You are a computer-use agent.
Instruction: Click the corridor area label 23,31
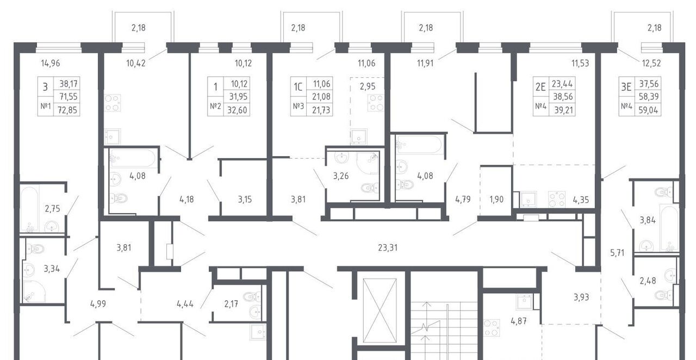tap(388, 248)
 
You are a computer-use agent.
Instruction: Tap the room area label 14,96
tap(51, 64)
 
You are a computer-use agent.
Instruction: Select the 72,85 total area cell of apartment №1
tap(67, 110)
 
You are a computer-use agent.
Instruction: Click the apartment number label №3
tap(299, 107)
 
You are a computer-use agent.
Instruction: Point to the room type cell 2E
tap(540, 86)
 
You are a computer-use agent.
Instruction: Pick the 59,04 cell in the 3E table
tap(648, 110)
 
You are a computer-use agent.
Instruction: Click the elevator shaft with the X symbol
tap(380, 311)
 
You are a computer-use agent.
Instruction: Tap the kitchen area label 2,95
tap(368, 86)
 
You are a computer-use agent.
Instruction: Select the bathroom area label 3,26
tap(341, 176)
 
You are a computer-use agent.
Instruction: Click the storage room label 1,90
tap(496, 199)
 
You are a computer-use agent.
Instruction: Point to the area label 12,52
tap(651, 64)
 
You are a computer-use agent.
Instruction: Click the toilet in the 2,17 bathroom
tap(252, 296)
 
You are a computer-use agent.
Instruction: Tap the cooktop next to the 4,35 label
tap(556, 199)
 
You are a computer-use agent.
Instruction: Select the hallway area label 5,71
tap(617, 253)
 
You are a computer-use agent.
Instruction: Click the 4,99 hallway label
tap(98, 304)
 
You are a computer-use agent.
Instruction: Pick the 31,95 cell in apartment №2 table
tap(238, 97)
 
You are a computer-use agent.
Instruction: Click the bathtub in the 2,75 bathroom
tap(29, 209)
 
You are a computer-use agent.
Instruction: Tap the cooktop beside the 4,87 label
tap(492, 328)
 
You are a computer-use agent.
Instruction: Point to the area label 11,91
tap(425, 64)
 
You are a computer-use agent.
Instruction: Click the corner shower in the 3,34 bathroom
tap(34, 291)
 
